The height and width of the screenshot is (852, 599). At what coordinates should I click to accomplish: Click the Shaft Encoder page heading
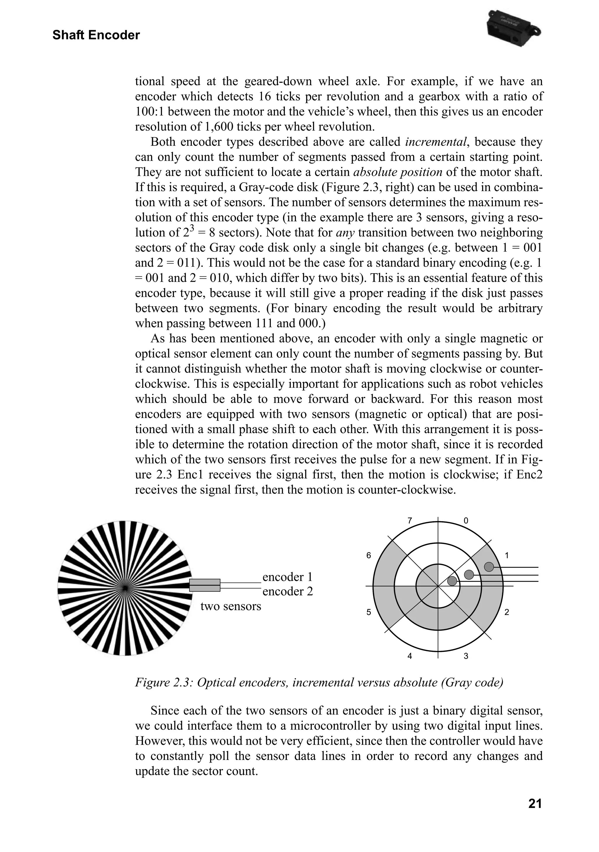tap(96, 35)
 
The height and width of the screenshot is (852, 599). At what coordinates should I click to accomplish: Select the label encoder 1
tap(288, 577)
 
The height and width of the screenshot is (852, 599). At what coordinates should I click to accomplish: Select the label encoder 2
tap(288, 591)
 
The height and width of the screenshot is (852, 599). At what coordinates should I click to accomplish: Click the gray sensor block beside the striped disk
tap(205, 585)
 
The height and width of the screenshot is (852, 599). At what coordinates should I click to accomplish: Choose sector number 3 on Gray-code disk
tap(466, 656)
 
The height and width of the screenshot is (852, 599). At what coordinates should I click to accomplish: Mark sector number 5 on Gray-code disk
tap(369, 612)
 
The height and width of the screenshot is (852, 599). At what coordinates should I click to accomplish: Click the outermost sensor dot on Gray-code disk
tap(489, 567)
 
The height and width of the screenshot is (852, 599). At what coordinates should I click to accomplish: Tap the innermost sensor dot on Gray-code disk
tap(452, 581)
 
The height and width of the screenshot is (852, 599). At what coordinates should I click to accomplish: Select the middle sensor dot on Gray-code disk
tap(469, 574)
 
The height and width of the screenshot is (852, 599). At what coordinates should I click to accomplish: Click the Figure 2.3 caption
tap(319, 682)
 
